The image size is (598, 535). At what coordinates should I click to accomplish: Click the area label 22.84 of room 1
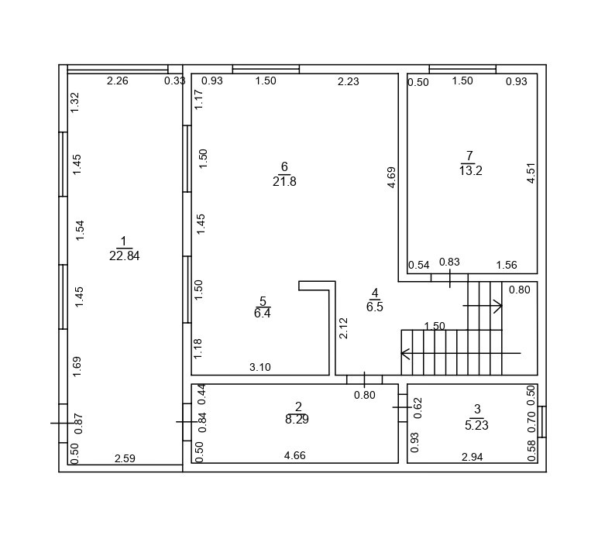coord(124,256)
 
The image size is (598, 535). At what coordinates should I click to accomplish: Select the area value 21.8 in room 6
coord(284,182)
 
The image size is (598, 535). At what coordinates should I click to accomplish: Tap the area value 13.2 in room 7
coord(470,171)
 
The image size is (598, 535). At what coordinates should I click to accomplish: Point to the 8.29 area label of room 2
coord(298,420)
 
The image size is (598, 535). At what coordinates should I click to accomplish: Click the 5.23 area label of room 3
coord(476,425)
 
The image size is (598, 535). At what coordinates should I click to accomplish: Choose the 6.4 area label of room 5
coord(263,314)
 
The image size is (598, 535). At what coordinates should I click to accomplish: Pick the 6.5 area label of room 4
coord(375,307)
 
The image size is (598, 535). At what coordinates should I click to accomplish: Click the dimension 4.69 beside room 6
coord(392,177)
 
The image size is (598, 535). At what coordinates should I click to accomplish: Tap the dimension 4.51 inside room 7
coord(531,173)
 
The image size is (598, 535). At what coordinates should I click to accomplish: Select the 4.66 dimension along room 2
coord(294,456)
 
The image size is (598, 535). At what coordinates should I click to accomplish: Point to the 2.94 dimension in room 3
coord(472,458)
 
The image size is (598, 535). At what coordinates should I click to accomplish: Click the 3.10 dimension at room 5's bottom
coord(260,368)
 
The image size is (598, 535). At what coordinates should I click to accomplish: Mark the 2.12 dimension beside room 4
coord(344,328)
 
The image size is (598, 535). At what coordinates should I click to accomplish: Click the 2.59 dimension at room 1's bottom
coord(125,458)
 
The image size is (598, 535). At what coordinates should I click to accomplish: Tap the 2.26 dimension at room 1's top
coord(118,81)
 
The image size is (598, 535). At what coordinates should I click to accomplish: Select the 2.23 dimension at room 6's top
coord(348,82)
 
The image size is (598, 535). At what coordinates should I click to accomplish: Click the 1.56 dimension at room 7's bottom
coord(507,266)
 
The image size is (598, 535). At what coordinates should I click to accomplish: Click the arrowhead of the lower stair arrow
coord(404,353)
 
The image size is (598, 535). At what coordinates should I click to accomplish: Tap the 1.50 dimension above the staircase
coord(435,327)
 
